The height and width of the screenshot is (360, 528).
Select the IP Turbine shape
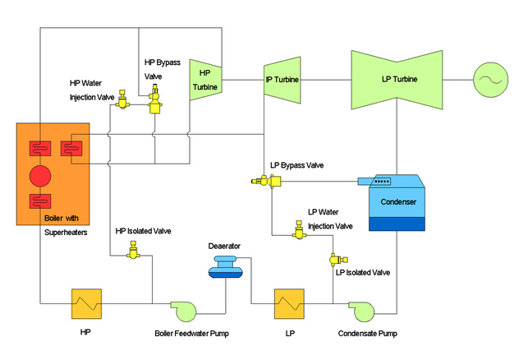click(x=281, y=80)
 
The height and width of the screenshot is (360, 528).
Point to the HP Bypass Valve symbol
click(x=154, y=106)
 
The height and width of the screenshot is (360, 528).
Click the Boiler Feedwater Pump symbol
click(x=185, y=309)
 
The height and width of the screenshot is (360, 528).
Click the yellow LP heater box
click(x=289, y=304)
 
